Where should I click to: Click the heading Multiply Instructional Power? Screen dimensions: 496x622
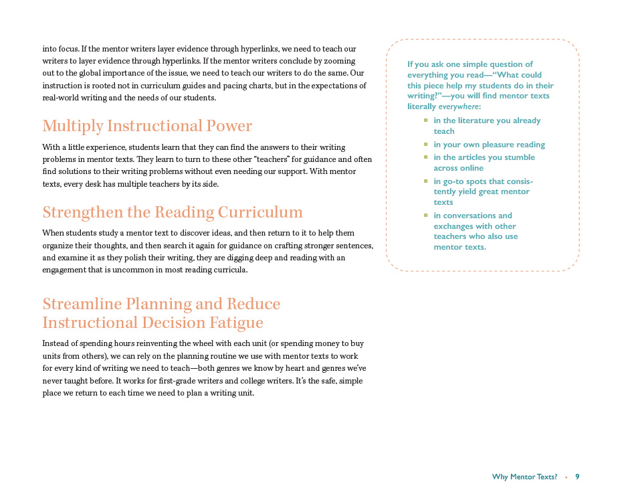[x=147, y=126]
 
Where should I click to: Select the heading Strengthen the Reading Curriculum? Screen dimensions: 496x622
[x=173, y=212]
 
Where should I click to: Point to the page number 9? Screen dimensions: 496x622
[x=577, y=477]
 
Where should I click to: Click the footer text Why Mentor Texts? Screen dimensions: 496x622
[x=524, y=477]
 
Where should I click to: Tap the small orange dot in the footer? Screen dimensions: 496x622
[x=566, y=477]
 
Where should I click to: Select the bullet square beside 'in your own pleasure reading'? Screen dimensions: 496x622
[x=425, y=144]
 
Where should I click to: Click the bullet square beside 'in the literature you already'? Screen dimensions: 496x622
[x=425, y=120]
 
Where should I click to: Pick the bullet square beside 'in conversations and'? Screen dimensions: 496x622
[x=425, y=215]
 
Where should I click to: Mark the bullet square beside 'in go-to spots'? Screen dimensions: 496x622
[x=425, y=181]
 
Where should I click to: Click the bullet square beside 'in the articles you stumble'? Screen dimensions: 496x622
[x=425, y=157]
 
